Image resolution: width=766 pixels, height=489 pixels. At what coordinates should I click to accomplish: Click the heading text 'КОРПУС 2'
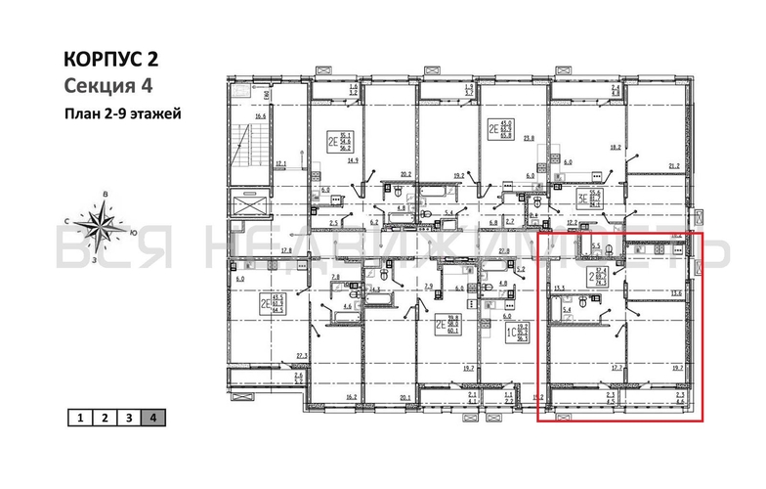click(108, 60)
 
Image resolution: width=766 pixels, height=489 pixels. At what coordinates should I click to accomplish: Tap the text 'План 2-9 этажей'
click(122, 111)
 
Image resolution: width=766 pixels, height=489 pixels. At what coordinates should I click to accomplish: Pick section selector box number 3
click(129, 418)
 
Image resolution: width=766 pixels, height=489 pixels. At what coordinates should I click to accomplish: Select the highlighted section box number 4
click(153, 418)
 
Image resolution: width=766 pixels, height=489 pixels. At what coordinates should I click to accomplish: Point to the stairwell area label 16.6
click(260, 117)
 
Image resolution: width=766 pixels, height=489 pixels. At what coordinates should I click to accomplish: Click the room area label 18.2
click(616, 148)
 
